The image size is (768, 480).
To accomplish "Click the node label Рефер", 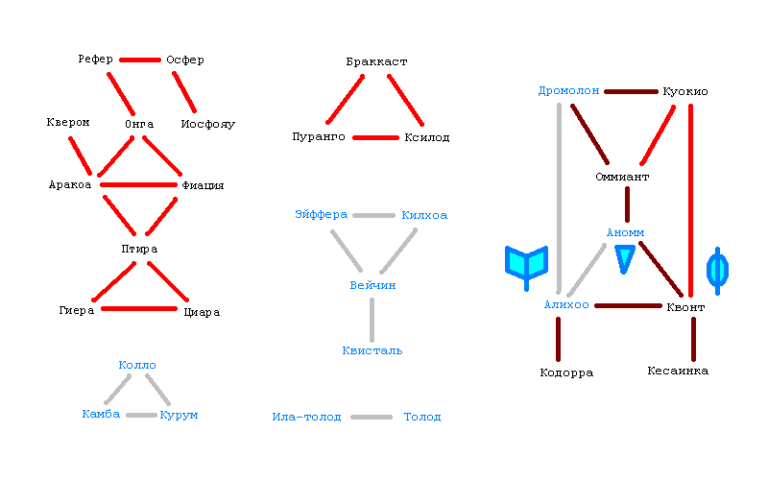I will click(96, 60).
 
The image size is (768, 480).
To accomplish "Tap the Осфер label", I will click(184, 60).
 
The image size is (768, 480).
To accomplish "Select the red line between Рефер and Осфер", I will click(140, 60).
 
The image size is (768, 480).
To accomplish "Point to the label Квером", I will click(68, 122).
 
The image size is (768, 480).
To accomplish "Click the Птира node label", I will click(139, 249).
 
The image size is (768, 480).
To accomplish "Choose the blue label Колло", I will click(137, 365).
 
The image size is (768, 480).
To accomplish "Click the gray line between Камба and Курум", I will click(140, 415).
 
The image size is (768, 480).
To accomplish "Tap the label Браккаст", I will click(377, 61).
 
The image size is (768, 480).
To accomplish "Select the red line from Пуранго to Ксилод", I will click(375, 137).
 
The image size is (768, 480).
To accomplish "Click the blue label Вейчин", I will click(372, 285).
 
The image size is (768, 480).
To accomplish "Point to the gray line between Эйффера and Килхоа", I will click(374, 215).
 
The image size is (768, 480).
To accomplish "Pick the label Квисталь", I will click(372, 350).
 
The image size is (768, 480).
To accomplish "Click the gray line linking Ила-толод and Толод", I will click(372, 417).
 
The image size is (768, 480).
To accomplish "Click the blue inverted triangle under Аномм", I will click(625, 257).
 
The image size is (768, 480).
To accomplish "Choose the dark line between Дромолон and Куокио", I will click(631, 91).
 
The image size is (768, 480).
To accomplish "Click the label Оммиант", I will click(623, 178).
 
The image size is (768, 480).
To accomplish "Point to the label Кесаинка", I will click(678, 371).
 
